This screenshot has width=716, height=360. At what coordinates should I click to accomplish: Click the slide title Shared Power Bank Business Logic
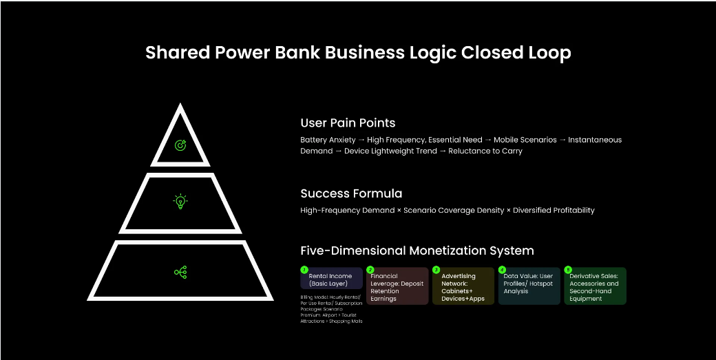point(357,53)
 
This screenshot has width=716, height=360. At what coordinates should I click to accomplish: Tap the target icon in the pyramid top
point(180,145)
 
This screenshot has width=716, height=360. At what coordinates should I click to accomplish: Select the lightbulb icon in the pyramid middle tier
point(180,202)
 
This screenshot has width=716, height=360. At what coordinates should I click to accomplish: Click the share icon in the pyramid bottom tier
point(180,272)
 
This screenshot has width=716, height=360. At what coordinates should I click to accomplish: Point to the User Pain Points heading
point(348,123)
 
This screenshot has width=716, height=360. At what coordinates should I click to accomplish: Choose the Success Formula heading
point(351,193)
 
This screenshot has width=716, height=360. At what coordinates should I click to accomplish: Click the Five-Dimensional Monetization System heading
point(417,251)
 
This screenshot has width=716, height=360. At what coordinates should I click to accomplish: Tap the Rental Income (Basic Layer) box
point(332,279)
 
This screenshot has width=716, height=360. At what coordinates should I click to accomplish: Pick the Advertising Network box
point(463,287)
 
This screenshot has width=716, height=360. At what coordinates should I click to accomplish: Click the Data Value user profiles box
point(529,284)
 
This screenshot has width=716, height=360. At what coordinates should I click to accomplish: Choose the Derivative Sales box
point(595,287)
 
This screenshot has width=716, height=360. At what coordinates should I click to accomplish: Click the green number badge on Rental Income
point(304,270)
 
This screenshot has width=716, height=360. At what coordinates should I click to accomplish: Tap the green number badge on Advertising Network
point(436,270)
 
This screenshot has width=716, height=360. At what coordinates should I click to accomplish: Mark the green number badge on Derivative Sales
point(568,270)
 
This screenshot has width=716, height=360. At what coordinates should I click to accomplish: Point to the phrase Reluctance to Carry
point(485,151)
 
